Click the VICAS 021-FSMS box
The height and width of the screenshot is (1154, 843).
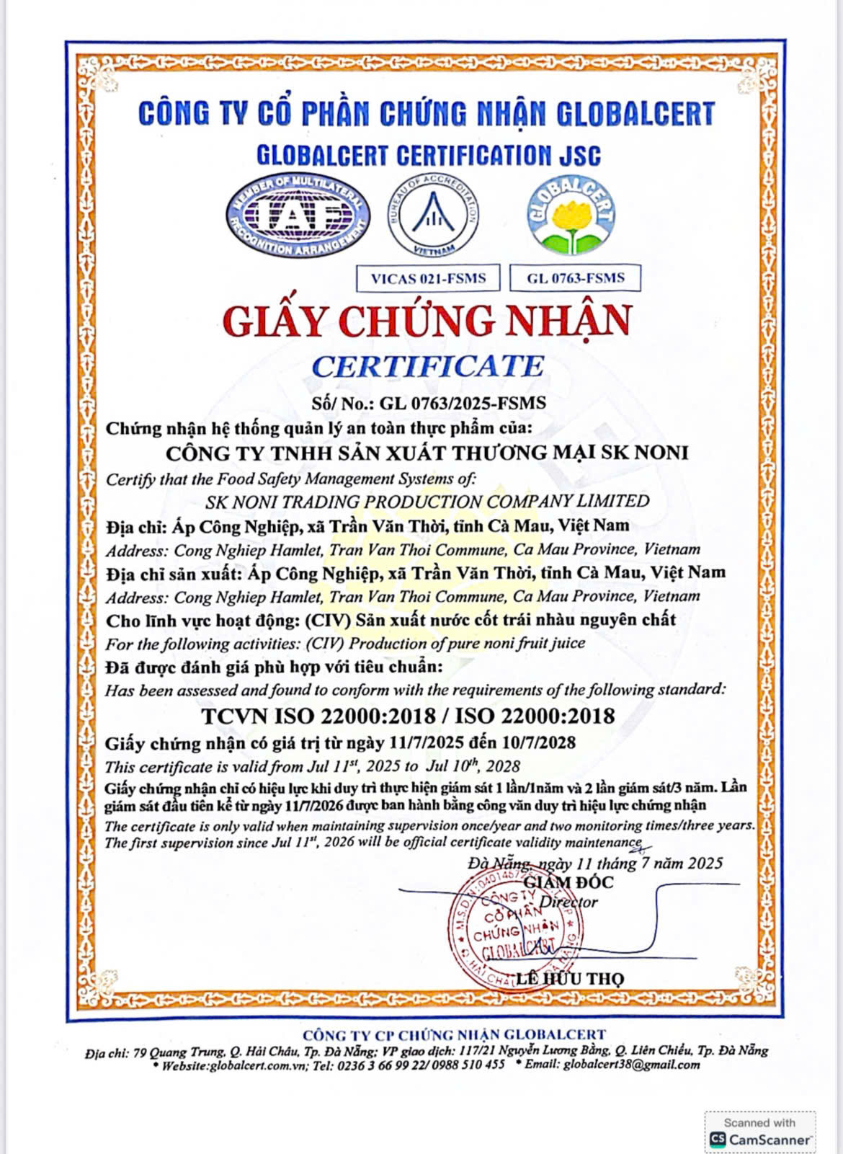428,278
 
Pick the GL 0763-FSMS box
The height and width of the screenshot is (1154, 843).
575,278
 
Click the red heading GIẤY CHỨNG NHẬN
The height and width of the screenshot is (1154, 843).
427,321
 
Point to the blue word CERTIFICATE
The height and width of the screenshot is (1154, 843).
427,366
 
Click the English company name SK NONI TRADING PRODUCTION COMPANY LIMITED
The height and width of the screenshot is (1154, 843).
427,501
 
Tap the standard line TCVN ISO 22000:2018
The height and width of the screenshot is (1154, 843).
318,716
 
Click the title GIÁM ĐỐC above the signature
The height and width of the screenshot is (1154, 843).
568,882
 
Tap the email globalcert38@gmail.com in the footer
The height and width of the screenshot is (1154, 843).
631,1065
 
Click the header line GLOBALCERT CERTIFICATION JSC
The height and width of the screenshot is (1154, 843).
428,155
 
